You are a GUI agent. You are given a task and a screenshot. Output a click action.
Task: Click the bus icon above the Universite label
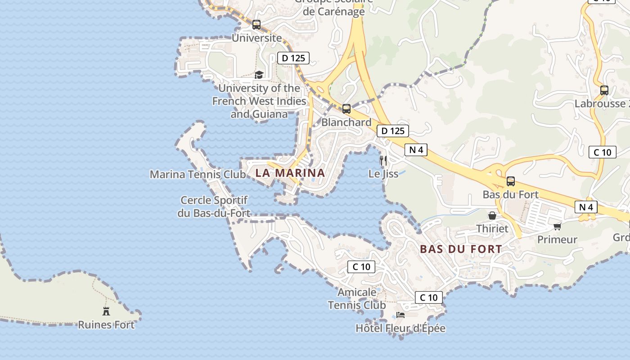[256, 25]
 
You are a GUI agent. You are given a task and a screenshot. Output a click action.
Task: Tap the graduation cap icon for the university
[259, 75]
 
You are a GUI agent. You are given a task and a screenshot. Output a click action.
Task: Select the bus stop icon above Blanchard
[346, 109]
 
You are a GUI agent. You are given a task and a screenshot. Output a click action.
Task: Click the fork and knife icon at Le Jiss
[383, 160]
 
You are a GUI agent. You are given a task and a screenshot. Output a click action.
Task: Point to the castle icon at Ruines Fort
[106, 311]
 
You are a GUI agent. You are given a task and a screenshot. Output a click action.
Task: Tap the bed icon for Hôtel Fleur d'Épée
[400, 315]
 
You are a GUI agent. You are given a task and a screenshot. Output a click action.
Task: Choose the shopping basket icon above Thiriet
[492, 216]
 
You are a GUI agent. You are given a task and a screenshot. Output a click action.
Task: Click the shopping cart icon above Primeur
[558, 226]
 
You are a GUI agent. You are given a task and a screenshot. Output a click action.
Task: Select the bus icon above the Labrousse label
[604, 90]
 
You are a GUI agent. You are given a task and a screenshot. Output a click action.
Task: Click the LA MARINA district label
[290, 173]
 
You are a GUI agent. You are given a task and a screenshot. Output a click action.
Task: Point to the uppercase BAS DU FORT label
[461, 249]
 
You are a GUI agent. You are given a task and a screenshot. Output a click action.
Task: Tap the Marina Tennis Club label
[198, 174]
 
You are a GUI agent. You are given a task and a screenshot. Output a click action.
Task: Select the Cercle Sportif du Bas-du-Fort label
[214, 207]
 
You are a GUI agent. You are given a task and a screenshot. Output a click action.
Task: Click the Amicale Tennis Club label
[357, 299]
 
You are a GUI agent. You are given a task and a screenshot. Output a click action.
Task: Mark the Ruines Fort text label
[106, 324]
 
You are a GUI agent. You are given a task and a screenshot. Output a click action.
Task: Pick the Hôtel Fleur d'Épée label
[400, 328]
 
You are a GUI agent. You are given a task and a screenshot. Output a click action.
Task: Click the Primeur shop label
[557, 239]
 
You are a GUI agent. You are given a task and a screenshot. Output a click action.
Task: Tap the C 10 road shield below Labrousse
[603, 152]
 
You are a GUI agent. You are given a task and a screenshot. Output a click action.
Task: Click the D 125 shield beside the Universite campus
[293, 58]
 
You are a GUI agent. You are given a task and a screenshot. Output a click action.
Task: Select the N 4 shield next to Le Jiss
[416, 150]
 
